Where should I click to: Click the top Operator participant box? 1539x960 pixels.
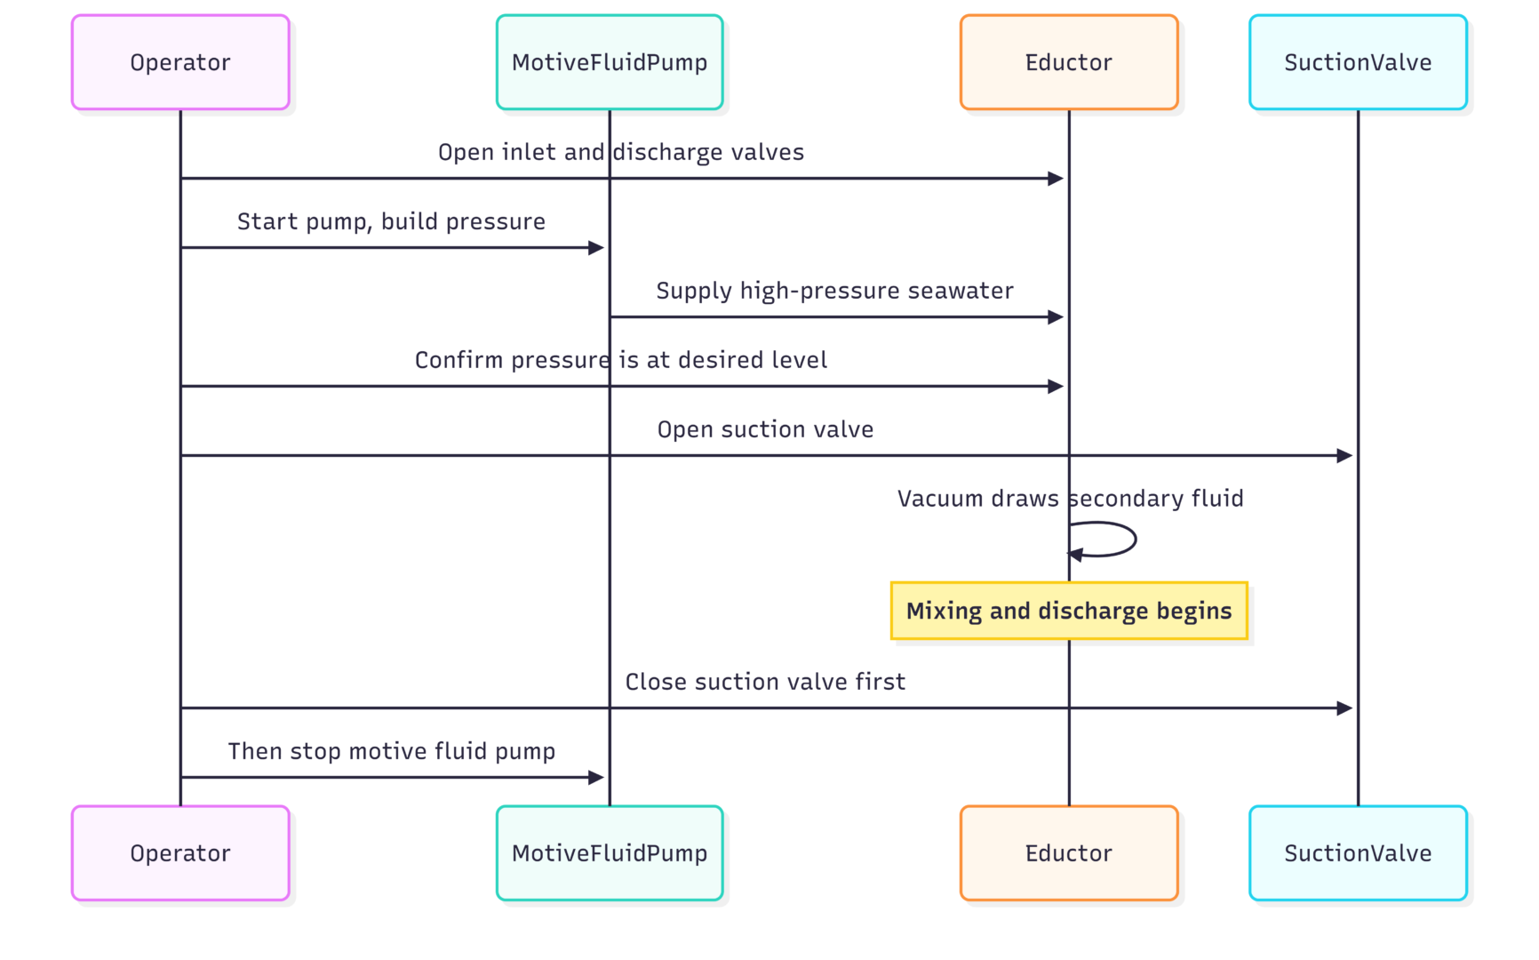[x=180, y=62]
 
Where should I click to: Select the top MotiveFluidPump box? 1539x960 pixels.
[x=610, y=62]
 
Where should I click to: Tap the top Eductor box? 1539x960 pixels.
[x=1069, y=62]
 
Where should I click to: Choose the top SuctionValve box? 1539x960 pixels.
[x=1358, y=62]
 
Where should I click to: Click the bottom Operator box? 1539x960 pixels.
[x=180, y=853]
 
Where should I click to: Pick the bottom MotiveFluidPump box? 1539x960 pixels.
[x=610, y=853]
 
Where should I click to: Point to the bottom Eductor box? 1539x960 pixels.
[x=1069, y=853]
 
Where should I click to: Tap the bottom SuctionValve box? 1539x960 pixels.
[x=1358, y=853]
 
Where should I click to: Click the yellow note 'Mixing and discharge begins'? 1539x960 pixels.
[x=1069, y=611]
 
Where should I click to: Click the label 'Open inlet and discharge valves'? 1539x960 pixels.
[x=621, y=152]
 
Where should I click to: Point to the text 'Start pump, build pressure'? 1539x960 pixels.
[x=391, y=221]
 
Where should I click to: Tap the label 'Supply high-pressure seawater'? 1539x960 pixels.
[x=834, y=291]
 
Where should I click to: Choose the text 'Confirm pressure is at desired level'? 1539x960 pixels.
[x=621, y=360]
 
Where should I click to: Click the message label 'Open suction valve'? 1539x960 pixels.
[x=765, y=429]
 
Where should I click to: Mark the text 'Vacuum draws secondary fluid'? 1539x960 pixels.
[x=1070, y=499]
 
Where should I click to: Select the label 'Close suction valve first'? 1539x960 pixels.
[x=765, y=682]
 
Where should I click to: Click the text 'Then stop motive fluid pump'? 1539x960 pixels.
[x=391, y=751]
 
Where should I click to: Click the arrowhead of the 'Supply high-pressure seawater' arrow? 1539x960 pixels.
[x=1056, y=317]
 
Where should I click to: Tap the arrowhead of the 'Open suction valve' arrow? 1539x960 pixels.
[x=1344, y=456]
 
